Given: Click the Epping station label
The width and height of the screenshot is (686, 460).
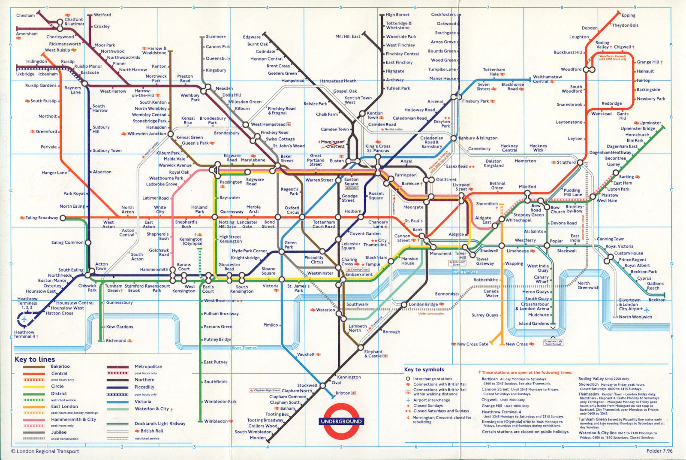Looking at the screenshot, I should pyautogui.click(x=628, y=15).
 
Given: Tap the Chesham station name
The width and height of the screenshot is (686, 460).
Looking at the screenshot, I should pyautogui.click(x=25, y=15).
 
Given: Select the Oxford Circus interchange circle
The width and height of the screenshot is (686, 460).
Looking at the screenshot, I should pyautogui.click(x=302, y=217).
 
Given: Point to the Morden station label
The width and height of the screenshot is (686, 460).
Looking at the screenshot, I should pyautogui.click(x=258, y=438).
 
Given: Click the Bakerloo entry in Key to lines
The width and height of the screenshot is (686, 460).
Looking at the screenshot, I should pyautogui.click(x=60, y=366).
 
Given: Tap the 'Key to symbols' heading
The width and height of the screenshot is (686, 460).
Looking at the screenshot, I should pyautogui.click(x=424, y=369).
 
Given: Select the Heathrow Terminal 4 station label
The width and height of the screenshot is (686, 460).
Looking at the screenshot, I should pyautogui.click(x=24, y=334).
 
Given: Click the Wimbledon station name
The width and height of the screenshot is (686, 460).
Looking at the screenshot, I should pyautogui.click(x=216, y=421).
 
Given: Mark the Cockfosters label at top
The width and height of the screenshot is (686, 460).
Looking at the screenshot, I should pyautogui.click(x=443, y=15).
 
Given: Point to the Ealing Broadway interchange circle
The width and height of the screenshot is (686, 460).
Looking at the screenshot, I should pyautogui.click(x=63, y=218).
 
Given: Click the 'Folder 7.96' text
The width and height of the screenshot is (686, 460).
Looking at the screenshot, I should pyautogui.click(x=659, y=451).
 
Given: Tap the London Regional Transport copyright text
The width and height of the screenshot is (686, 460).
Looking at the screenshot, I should pyautogui.click(x=45, y=451).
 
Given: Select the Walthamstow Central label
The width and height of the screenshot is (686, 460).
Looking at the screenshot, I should pyautogui.click(x=547, y=79).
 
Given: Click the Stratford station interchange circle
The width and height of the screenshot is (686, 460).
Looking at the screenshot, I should pyautogui.click(x=580, y=163).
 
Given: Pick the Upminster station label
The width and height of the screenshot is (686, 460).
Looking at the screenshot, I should pyautogui.click(x=650, y=123).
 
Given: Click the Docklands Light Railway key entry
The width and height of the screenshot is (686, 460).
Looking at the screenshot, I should pyautogui.click(x=160, y=424).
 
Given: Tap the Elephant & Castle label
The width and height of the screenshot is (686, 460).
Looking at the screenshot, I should pyautogui.click(x=373, y=354).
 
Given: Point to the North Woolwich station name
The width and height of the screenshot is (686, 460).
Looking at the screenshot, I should pyautogui.click(x=635, y=317).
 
